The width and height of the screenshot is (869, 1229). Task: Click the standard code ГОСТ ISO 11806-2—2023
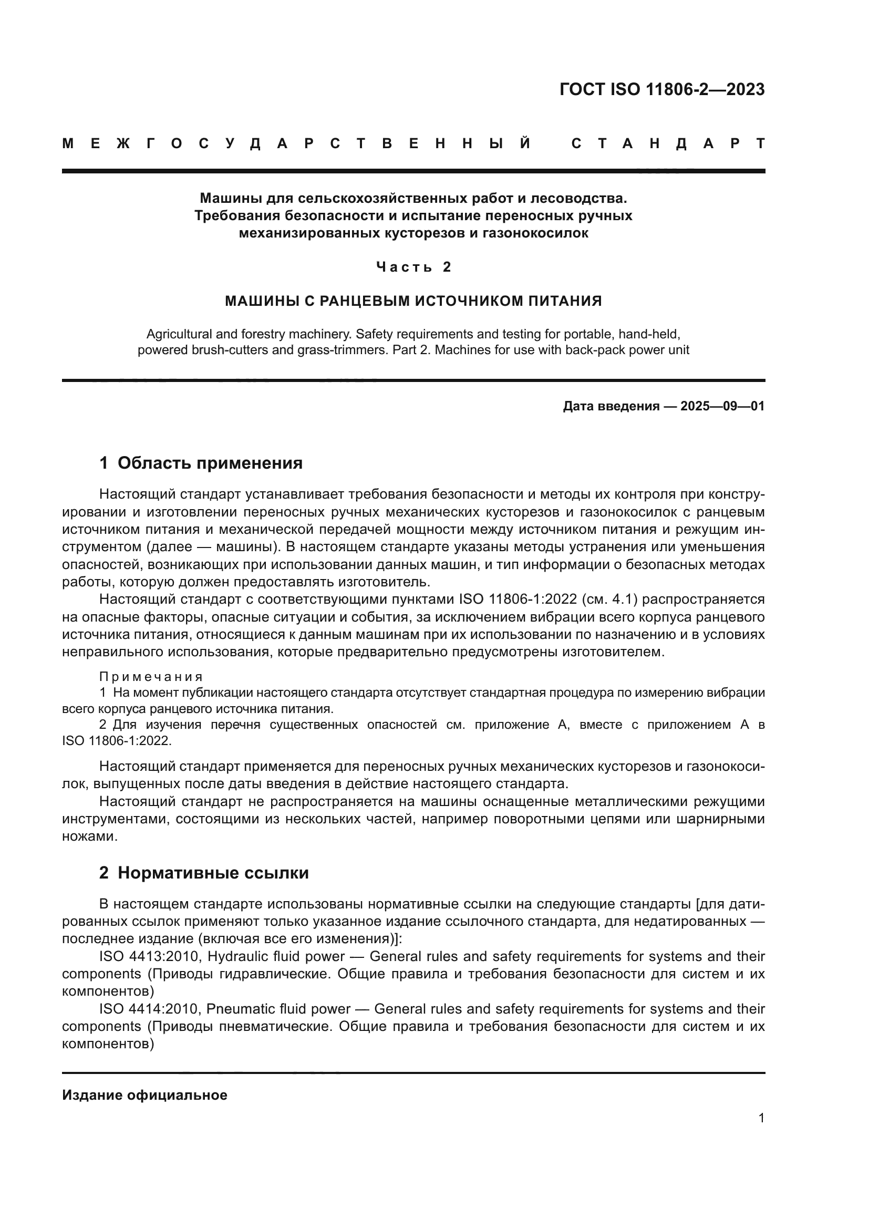pos(662,89)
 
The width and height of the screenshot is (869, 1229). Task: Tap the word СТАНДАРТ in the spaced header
pos(668,143)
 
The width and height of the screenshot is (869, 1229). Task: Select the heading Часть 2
pos(413,266)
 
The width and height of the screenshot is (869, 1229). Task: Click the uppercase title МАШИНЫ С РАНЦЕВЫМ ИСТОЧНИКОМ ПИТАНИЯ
pos(413,301)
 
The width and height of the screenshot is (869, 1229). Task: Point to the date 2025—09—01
pos(722,406)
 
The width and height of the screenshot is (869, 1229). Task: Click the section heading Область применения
pos(210,463)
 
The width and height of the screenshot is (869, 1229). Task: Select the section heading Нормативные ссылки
pos(213,873)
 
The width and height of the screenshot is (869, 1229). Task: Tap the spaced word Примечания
pos(151,677)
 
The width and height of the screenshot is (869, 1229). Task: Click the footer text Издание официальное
pos(144,1094)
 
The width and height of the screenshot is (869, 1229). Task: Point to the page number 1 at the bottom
pos(761,1118)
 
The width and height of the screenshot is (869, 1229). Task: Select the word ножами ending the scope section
pos(89,836)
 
